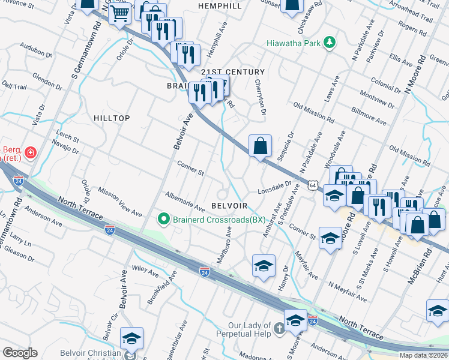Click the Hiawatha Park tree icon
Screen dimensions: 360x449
[x=328, y=42]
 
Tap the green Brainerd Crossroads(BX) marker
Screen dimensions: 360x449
[x=163, y=220]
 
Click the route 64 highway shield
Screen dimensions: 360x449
[x=313, y=186]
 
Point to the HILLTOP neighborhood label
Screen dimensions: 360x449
[x=112, y=118]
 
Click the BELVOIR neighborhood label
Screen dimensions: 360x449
[x=230, y=205]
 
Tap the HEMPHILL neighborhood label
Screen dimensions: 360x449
[x=220, y=6]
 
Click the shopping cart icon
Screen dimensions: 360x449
[x=120, y=12]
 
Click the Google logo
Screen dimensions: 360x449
[x=20, y=353]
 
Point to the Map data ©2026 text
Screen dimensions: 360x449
[x=423, y=355]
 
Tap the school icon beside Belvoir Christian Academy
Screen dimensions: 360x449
[x=131, y=338]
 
